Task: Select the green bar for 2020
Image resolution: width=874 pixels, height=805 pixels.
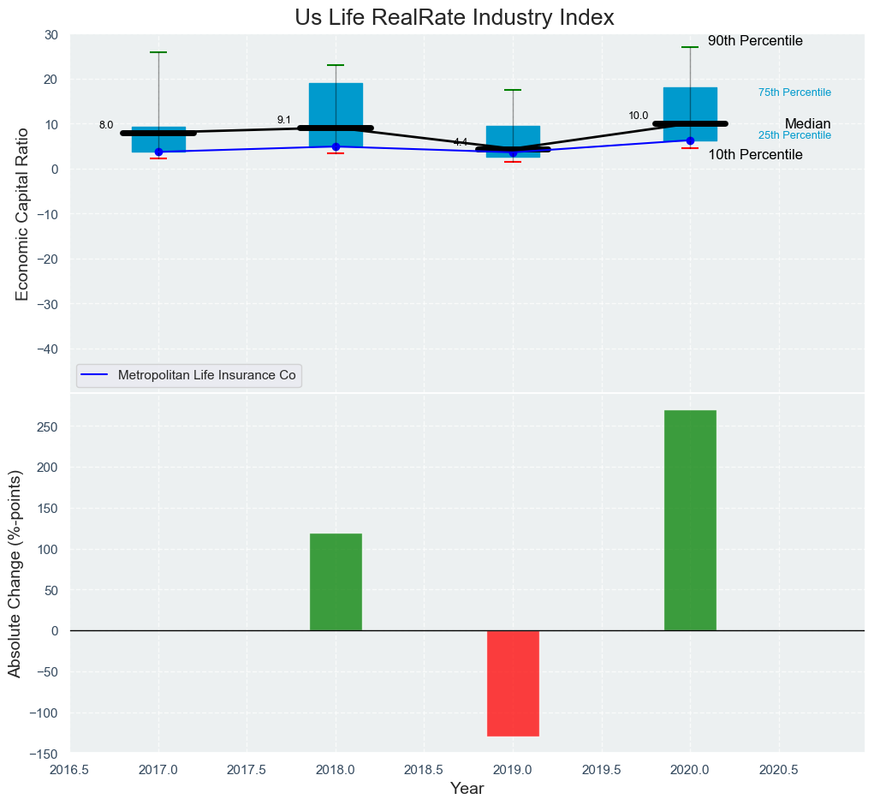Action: pyautogui.click(x=690, y=520)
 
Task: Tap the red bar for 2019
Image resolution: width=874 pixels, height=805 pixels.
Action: pyautogui.click(x=513, y=683)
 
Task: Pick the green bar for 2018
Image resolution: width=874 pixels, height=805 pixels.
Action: pyautogui.click(x=336, y=581)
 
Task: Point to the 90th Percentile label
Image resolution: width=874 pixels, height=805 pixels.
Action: pyautogui.click(x=755, y=41)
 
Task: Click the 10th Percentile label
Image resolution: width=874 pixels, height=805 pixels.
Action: pyautogui.click(x=755, y=155)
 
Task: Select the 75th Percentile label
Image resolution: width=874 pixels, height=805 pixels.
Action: pyautogui.click(x=794, y=92)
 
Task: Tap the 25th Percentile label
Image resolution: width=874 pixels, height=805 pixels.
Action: pyautogui.click(x=794, y=135)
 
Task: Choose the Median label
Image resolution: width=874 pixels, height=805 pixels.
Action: pyautogui.click(x=807, y=124)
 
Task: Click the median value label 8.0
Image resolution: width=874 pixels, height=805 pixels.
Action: pyautogui.click(x=106, y=125)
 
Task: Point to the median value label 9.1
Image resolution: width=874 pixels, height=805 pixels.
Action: pyautogui.click(x=284, y=120)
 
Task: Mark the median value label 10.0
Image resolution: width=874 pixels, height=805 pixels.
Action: pyautogui.click(x=639, y=116)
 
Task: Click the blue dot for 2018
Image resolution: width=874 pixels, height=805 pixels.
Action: pyautogui.click(x=336, y=146)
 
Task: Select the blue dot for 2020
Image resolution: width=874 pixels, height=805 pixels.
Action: pyautogui.click(x=690, y=140)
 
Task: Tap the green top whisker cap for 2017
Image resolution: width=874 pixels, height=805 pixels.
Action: pyautogui.click(x=158, y=52)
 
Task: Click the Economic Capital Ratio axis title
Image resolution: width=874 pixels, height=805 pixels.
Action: pyautogui.click(x=22, y=213)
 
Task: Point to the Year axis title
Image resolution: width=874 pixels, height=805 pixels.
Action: pyautogui.click(x=467, y=789)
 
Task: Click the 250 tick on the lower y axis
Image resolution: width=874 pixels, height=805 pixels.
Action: pyautogui.click(x=48, y=427)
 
